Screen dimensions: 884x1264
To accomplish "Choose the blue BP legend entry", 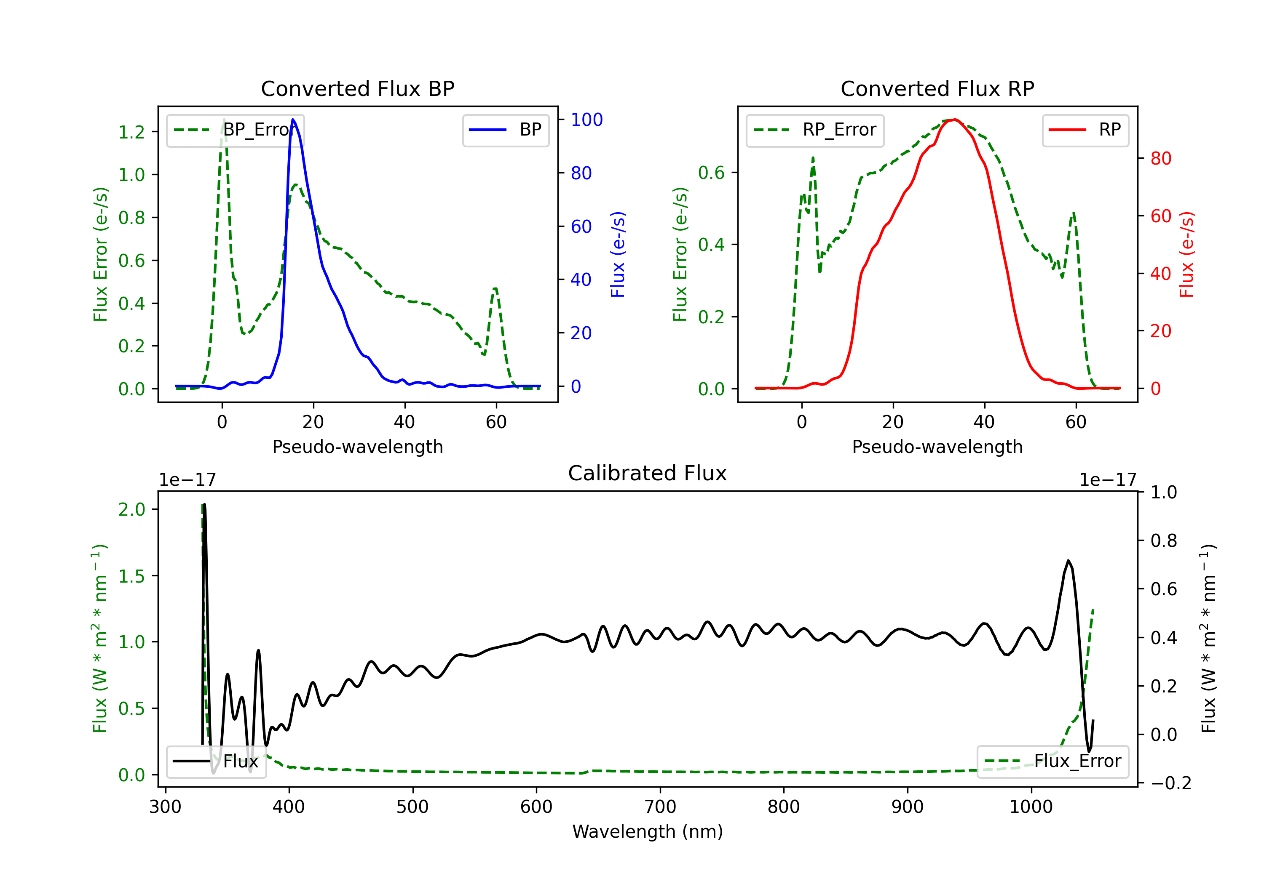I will pos(505,130).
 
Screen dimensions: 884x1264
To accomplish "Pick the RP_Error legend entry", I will pos(815,130).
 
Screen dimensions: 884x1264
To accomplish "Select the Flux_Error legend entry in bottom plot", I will pos(1052,762).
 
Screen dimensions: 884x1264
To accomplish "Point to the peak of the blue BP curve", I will pos(293,120).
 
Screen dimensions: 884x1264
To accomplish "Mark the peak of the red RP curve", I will pos(955,120).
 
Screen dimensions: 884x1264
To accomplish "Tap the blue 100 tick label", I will pos(586,120).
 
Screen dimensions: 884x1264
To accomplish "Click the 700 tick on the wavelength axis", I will pos(660,807).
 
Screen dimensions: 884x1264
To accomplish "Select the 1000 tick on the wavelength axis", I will pos(1031,807).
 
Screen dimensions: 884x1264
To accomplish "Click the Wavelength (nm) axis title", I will pos(648,832).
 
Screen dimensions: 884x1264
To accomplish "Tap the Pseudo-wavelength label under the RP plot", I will pos(937,447).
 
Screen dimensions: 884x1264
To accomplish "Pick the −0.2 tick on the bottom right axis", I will pos(1170,783).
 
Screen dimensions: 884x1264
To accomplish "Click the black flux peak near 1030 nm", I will pos(1068,561).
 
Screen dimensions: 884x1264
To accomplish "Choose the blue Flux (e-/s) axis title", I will pos(618,254).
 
